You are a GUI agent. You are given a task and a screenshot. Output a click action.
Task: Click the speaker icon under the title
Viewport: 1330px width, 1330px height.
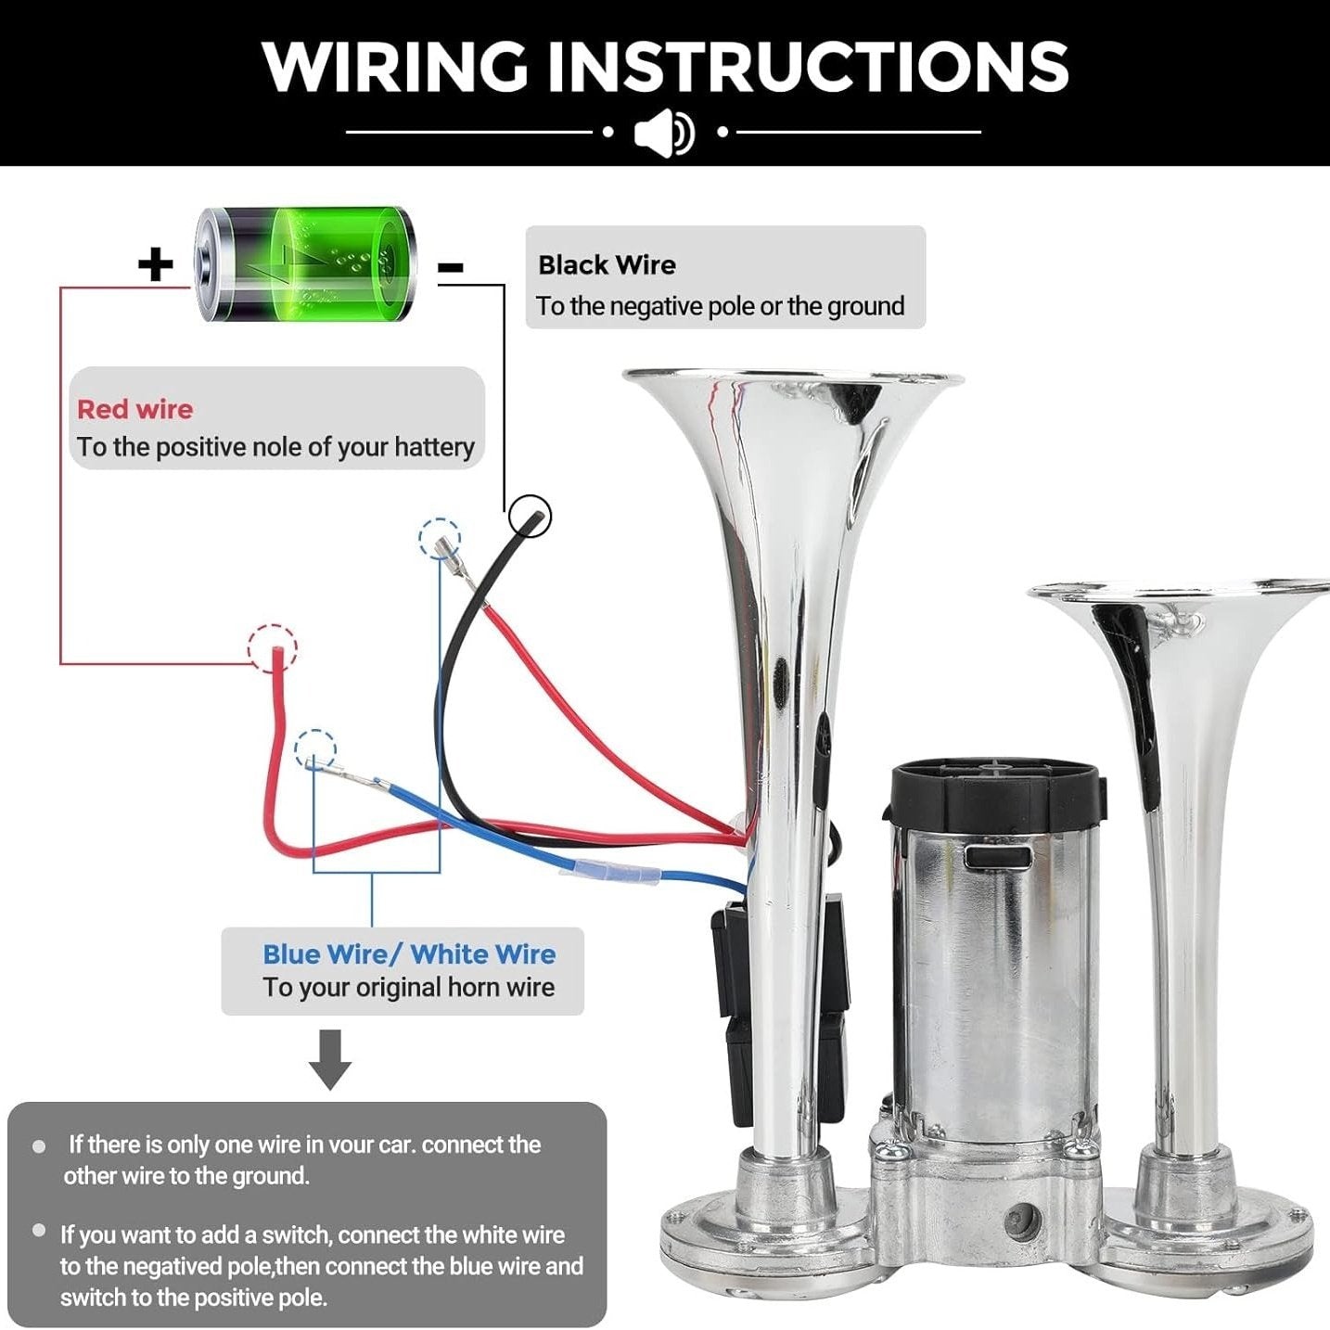(x=664, y=133)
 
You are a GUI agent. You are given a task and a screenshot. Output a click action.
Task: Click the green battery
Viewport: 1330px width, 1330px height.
(x=306, y=264)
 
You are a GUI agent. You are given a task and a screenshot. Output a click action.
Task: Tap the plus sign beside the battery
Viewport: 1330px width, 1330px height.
(x=156, y=264)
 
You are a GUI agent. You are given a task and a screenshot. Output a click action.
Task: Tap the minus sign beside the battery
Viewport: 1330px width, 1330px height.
(x=451, y=268)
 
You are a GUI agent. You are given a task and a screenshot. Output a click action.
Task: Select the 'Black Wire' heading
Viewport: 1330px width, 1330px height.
(x=607, y=265)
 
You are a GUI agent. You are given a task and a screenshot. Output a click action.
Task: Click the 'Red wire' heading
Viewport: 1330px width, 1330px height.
(x=135, y=409)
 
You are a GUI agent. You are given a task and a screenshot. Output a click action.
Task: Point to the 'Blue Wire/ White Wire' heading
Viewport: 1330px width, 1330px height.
(x=409, y=954)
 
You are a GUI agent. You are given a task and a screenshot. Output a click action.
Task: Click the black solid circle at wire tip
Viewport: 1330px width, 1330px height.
(x=530, y=515)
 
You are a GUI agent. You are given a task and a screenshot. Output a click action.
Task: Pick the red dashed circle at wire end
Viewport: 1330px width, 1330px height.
(x=273, y=647)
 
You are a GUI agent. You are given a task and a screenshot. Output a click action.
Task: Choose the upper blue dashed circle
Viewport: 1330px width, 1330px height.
(x=440, y=539)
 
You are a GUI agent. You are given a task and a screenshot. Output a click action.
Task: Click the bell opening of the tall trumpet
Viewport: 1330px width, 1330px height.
(x=793, y=379)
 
